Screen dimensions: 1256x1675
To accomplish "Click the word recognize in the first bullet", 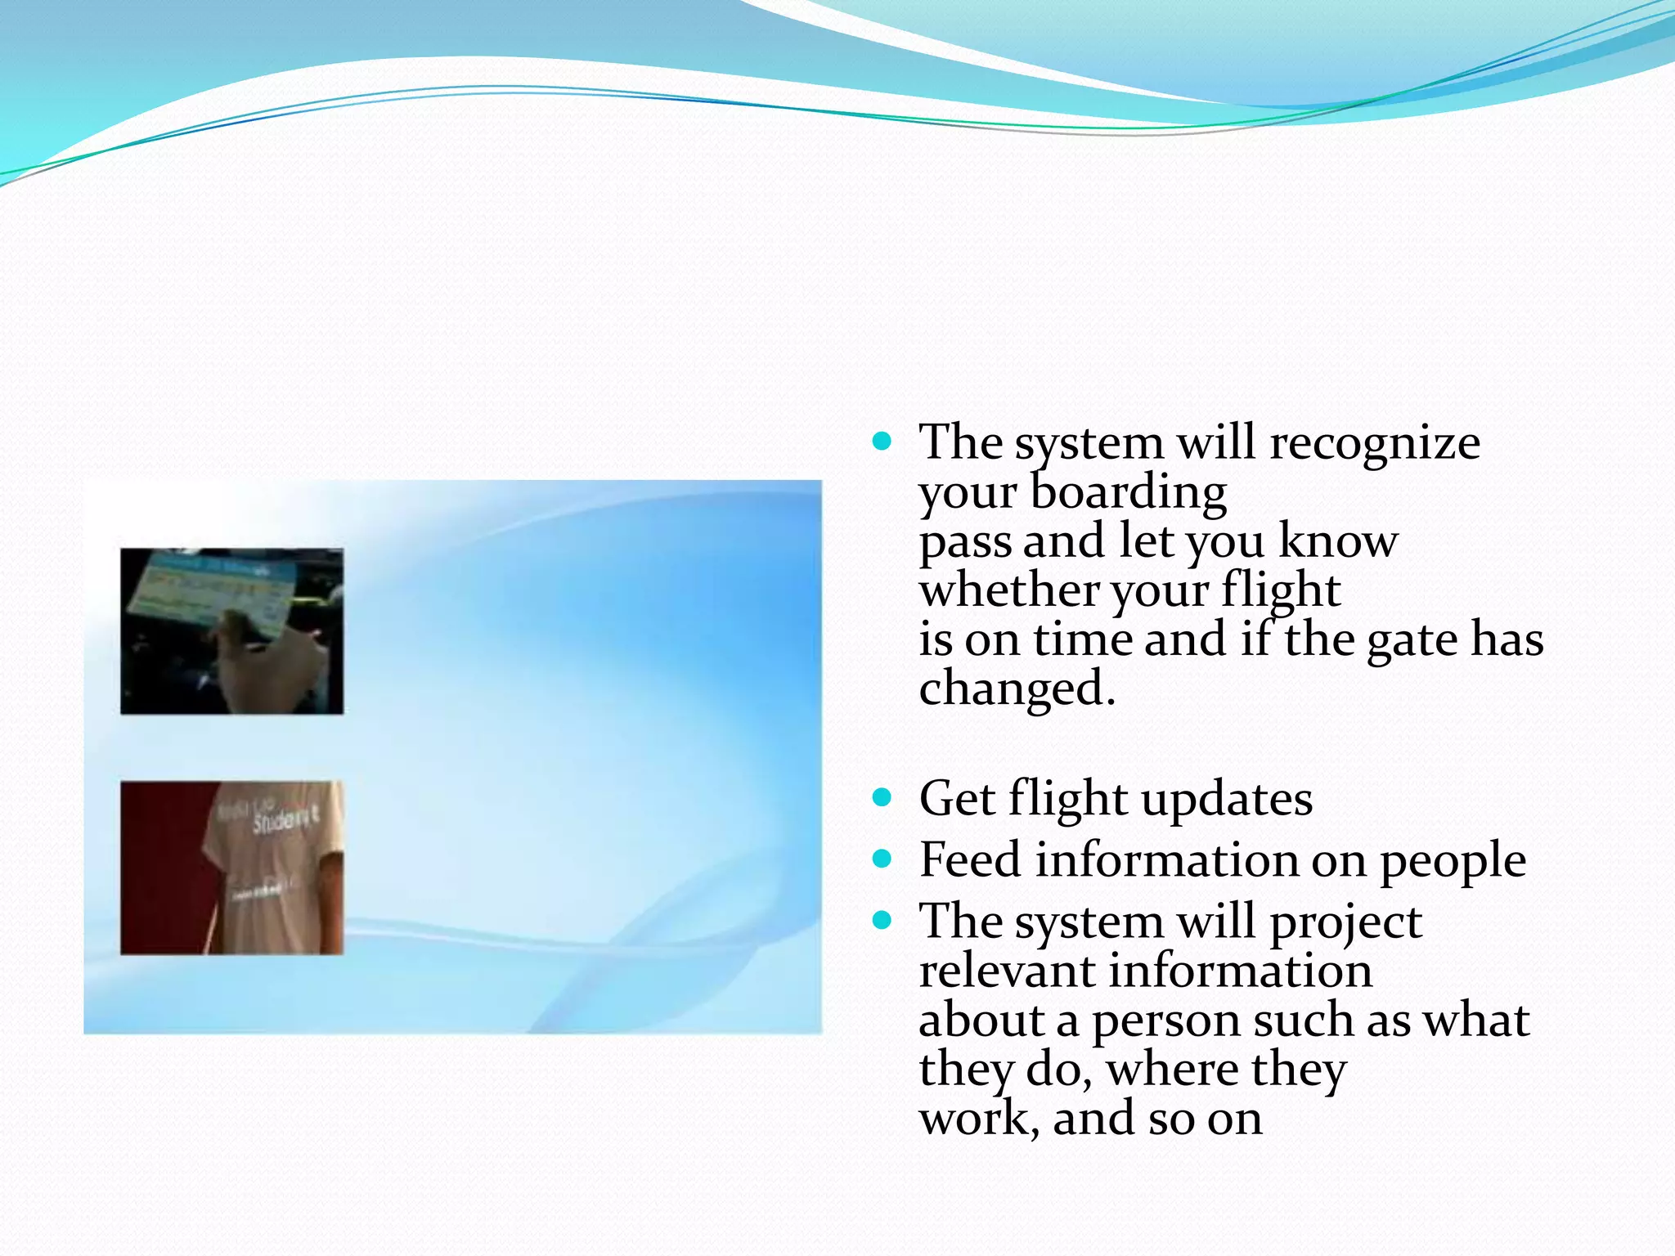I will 1374,444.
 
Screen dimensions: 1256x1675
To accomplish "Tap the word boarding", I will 1128,492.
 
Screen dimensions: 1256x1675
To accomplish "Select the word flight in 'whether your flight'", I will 1281,590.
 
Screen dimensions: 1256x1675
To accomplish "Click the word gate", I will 1412,640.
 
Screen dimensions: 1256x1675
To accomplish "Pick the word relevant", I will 1007,971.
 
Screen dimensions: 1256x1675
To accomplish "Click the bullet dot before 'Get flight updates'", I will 881,798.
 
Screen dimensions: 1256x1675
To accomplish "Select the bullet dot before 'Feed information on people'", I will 881,859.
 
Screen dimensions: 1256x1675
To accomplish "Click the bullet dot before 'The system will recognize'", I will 881,442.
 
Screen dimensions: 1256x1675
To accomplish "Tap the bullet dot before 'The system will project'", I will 881,921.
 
